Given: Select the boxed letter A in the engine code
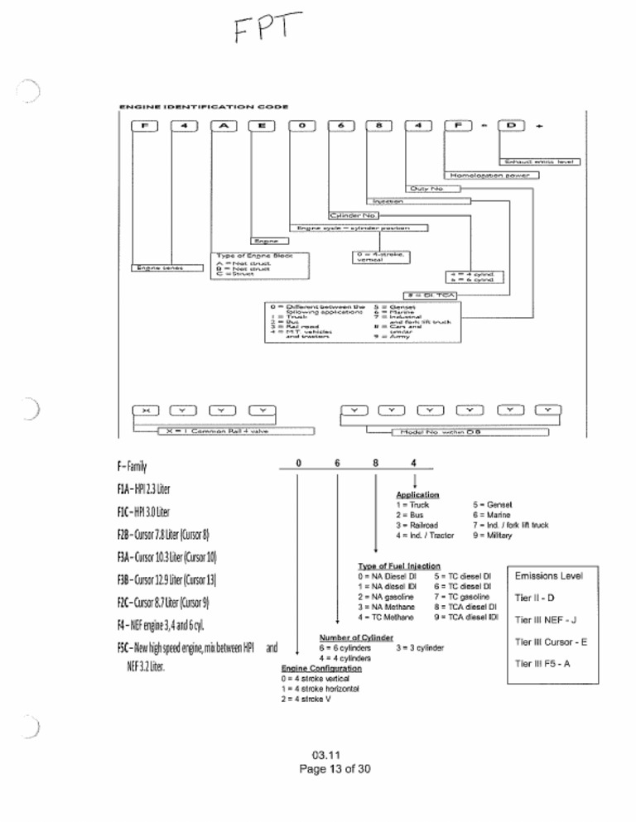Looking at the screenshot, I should (x=228, y=125).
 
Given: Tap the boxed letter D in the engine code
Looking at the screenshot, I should (x=509, y=125).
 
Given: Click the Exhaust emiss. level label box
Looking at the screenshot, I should (x=539, y=161).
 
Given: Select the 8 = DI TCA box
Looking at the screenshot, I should (x=430, y=294).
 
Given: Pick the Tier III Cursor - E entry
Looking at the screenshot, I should (x=551, y=641).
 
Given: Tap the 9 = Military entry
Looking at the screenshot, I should (x=494, y=536).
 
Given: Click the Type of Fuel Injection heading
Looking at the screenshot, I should (x=397, y=565).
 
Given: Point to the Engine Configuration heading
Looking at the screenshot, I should (x=321, y=667).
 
